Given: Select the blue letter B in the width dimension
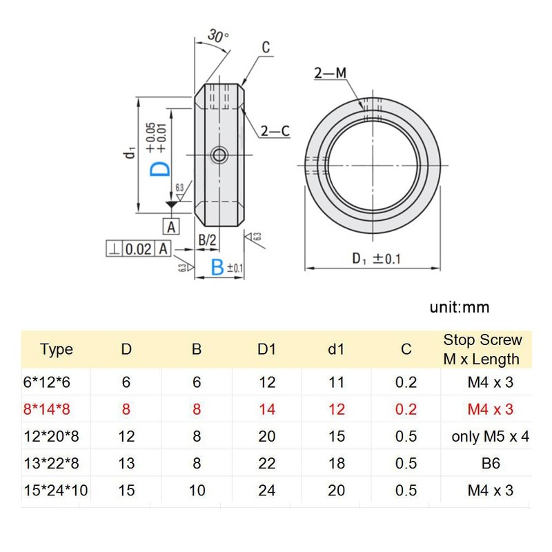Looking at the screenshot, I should tap(217, 268).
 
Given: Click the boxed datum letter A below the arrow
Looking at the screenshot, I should tap(171, 226).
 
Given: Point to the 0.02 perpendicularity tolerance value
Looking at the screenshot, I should tap(138, 249).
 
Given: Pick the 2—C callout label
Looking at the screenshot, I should tap(275, 131).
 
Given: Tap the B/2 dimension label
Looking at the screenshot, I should tap(208, 240).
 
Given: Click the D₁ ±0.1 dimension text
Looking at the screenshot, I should tap(377, 259).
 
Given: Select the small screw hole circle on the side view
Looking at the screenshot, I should tap(219, 154).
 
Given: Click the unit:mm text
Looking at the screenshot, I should tap(457, 307).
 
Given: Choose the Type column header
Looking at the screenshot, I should tap(57, 349).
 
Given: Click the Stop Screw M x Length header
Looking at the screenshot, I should tap(482, 349).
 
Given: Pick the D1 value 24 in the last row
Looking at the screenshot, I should tap(266, 491).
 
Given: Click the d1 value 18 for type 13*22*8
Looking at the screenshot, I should tap(336, 464).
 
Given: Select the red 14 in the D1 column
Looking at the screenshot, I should tap(266, 409).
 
